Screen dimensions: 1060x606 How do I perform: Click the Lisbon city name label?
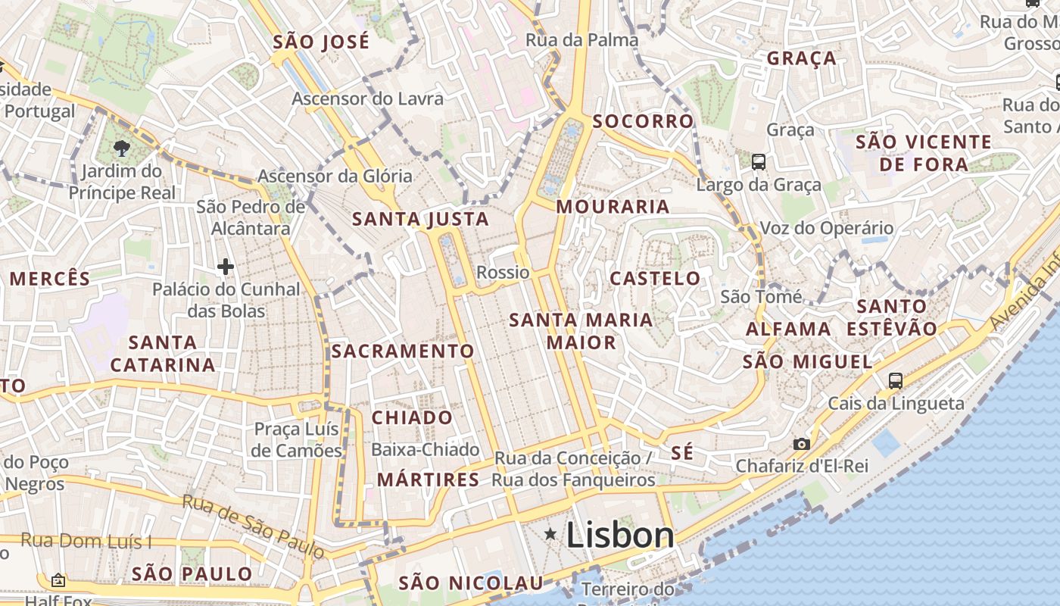tap(619, 536)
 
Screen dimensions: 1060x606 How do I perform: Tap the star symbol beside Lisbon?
tap(550, 535)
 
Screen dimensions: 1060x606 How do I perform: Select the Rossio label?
tap(503, 272)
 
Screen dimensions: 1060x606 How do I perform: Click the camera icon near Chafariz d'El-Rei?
tap(801, 444)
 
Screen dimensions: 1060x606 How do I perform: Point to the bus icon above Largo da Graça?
tap(759, 161)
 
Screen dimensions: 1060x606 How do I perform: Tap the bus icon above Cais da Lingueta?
tap(896, 380)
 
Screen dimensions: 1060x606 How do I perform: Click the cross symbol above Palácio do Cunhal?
tap(225, 267)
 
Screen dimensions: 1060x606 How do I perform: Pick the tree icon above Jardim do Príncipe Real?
tap(120, 148)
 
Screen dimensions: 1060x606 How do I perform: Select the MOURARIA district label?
tap(613, 207)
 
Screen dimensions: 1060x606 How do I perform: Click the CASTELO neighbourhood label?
tap(656, 278)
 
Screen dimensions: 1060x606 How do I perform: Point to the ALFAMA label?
tap(788, 329)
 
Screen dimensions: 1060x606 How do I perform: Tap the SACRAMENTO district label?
tap(402, 351)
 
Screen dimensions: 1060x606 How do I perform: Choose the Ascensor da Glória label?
tap(335, 176)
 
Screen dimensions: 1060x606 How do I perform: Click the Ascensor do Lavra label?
tap(368, 98)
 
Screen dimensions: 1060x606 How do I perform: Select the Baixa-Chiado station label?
tap(425, 450)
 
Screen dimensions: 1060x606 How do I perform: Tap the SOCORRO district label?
tap(643, 121)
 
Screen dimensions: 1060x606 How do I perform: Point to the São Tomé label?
tap(761, 296)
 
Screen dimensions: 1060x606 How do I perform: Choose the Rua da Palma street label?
tap(581, 40)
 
